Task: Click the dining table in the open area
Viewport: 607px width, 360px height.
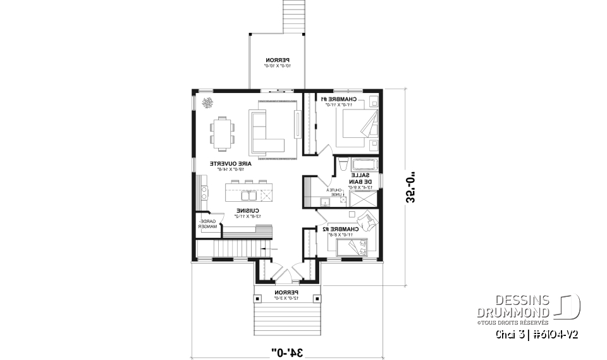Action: (222, 132)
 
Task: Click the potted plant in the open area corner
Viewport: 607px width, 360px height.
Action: (207, 103)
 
